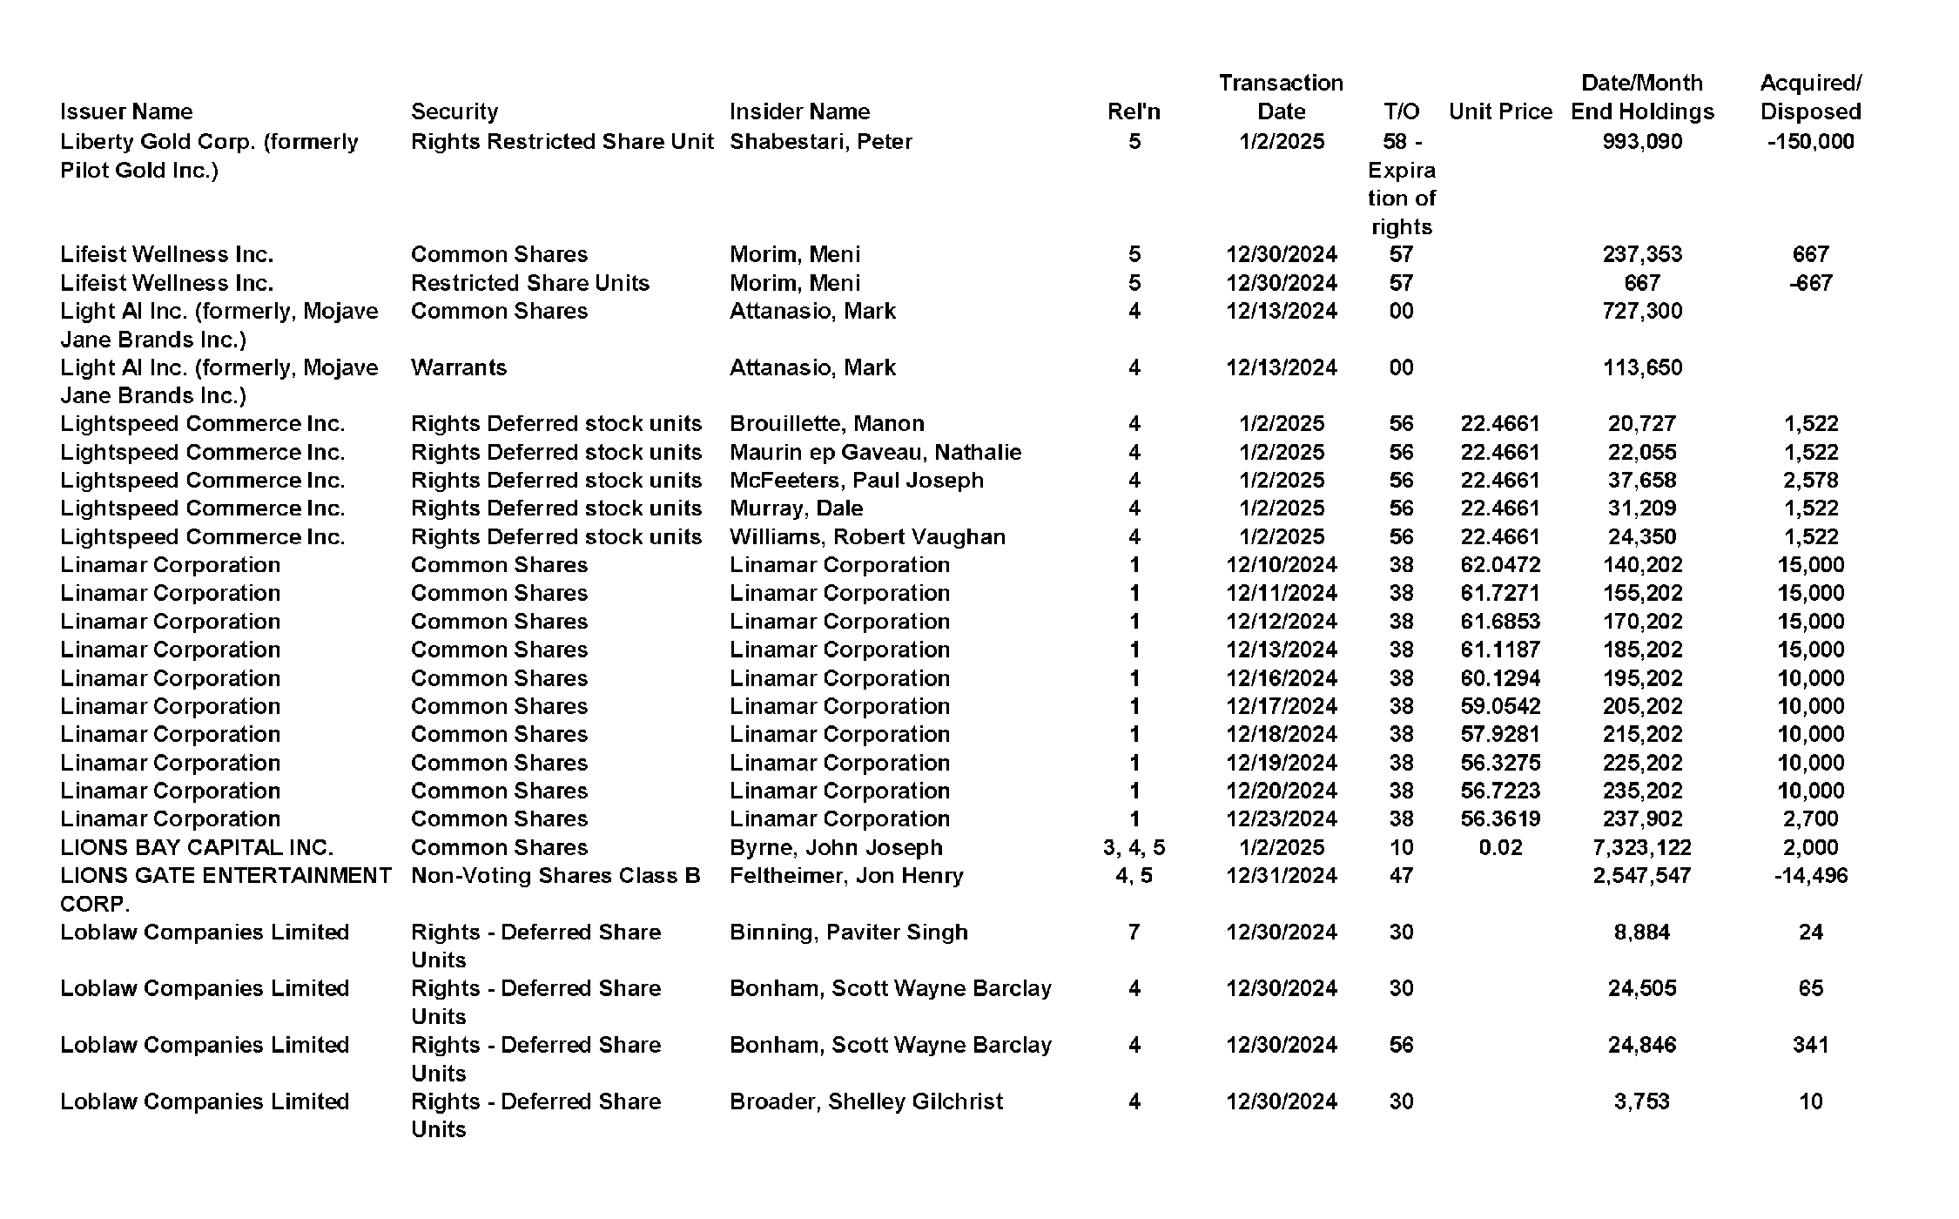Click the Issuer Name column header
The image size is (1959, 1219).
tap(126, 111)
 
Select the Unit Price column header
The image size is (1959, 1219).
tap(1500, 111)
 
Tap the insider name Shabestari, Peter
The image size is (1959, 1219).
tap(820, 141)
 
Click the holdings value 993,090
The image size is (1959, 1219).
tap(1642, 141)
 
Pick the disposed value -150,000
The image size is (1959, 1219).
tap(1810, 141)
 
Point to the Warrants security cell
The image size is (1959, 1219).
tap(458, 367)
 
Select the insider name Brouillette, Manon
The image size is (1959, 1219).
tap(826, 423)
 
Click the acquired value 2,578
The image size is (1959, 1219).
tap(1810, 480)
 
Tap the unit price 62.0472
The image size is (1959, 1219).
tap(1500, 564)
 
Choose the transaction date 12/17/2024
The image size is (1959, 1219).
tap(1281, 706)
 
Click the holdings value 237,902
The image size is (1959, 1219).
tap(1642, 818)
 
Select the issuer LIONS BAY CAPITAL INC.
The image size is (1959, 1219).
tap(197, 847)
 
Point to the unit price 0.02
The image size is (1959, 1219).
tap(1500, 847)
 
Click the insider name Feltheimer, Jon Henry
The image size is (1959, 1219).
tap(846, 875)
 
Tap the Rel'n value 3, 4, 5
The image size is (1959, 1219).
tap(1134, 847)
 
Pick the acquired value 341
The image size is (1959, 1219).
tap(1810, 1044)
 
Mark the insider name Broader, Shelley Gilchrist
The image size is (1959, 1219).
tap(866, 1101)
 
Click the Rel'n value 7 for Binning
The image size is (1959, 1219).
tap(1134, 932)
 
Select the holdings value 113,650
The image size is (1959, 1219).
tap(1642, 367)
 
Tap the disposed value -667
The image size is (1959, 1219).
tap(1810, 283)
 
